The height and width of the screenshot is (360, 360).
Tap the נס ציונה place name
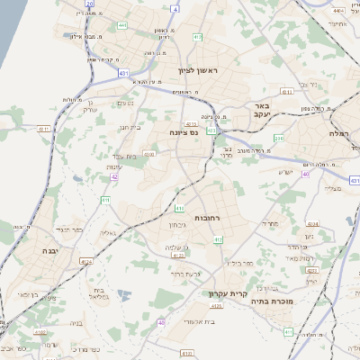coord(183,132)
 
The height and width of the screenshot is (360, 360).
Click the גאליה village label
coord(107,232)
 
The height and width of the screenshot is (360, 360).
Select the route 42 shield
coord(114,177)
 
